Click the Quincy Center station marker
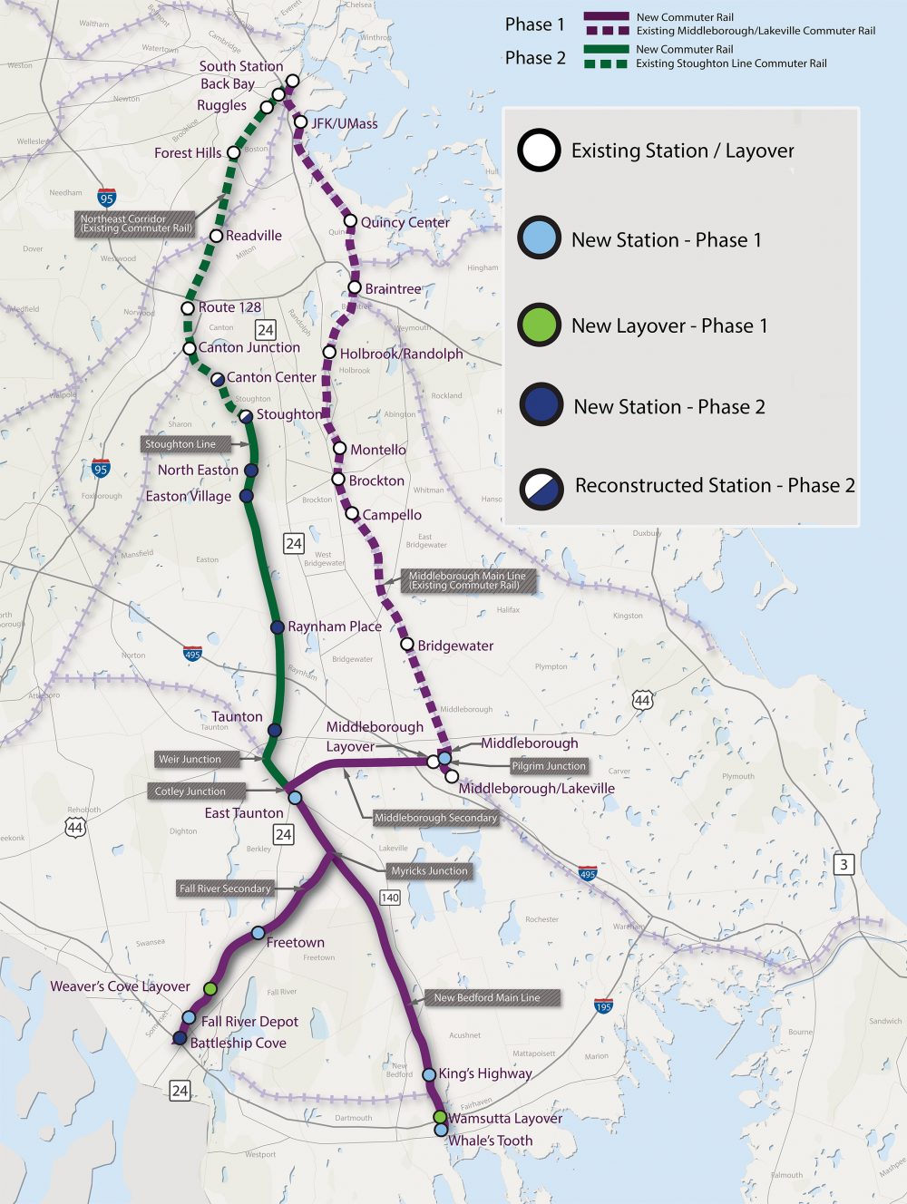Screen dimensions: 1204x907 tap(350, 221)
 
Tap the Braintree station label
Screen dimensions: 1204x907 tap(393, 289)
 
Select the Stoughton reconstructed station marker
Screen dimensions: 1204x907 tap(246, 416)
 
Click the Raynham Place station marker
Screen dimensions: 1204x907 tap(278, 627)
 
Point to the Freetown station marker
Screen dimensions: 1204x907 tap(258, 933)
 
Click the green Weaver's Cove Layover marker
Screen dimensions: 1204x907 tap(210, 988)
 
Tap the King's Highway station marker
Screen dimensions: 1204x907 tap(429, 1074)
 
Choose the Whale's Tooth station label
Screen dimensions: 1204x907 tap(490, 1141)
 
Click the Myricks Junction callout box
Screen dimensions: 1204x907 tap(429, 871)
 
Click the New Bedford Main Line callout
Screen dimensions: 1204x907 tap(486, 997)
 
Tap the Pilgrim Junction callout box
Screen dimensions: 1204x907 tap(549, 766)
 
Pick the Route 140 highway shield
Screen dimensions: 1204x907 tap(389, 898)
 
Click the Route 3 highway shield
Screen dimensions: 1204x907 tap(844, 864)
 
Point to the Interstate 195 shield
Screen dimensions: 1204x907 tap(603, 1005)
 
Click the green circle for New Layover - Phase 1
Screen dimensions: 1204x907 tap(539, 325)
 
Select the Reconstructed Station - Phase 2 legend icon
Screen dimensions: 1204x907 tap(541, 487)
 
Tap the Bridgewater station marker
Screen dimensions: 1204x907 tap(407, 645)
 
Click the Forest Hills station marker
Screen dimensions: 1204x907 tap(233, 152)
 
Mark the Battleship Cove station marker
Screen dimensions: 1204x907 tap(180, 1038)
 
